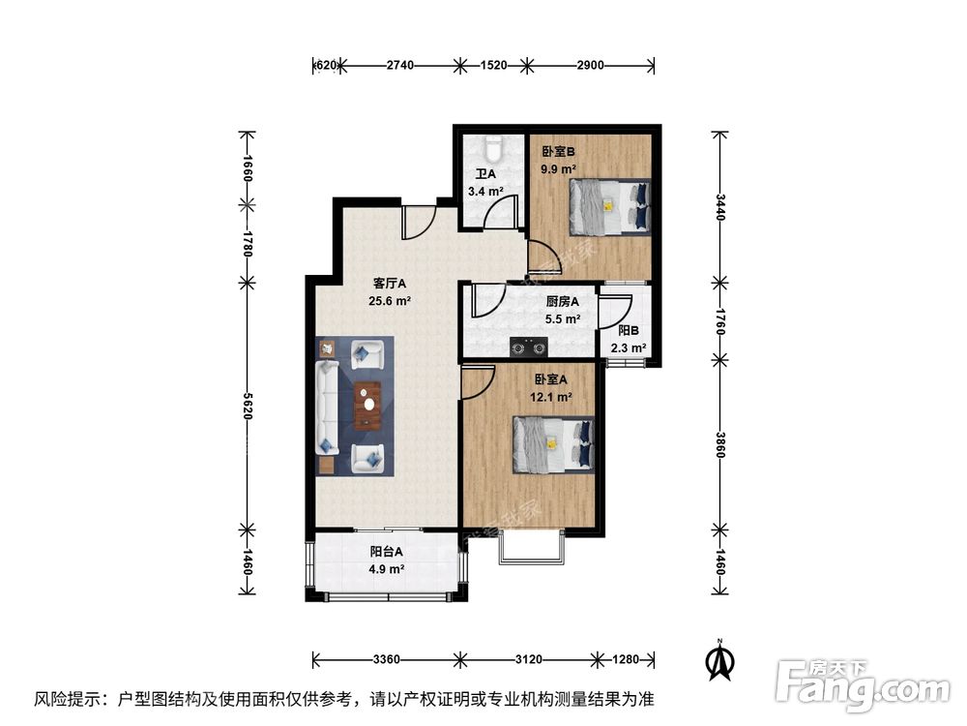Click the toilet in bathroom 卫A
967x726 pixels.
(493, 150)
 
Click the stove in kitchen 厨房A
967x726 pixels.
(528, 345)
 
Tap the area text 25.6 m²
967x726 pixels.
(390, 301)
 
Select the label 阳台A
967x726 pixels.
(386, 552)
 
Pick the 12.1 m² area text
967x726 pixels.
(550, 396)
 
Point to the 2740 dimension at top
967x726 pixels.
(399, 66)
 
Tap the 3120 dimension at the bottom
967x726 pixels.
(527, 660)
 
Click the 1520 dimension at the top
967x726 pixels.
(493, 66)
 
